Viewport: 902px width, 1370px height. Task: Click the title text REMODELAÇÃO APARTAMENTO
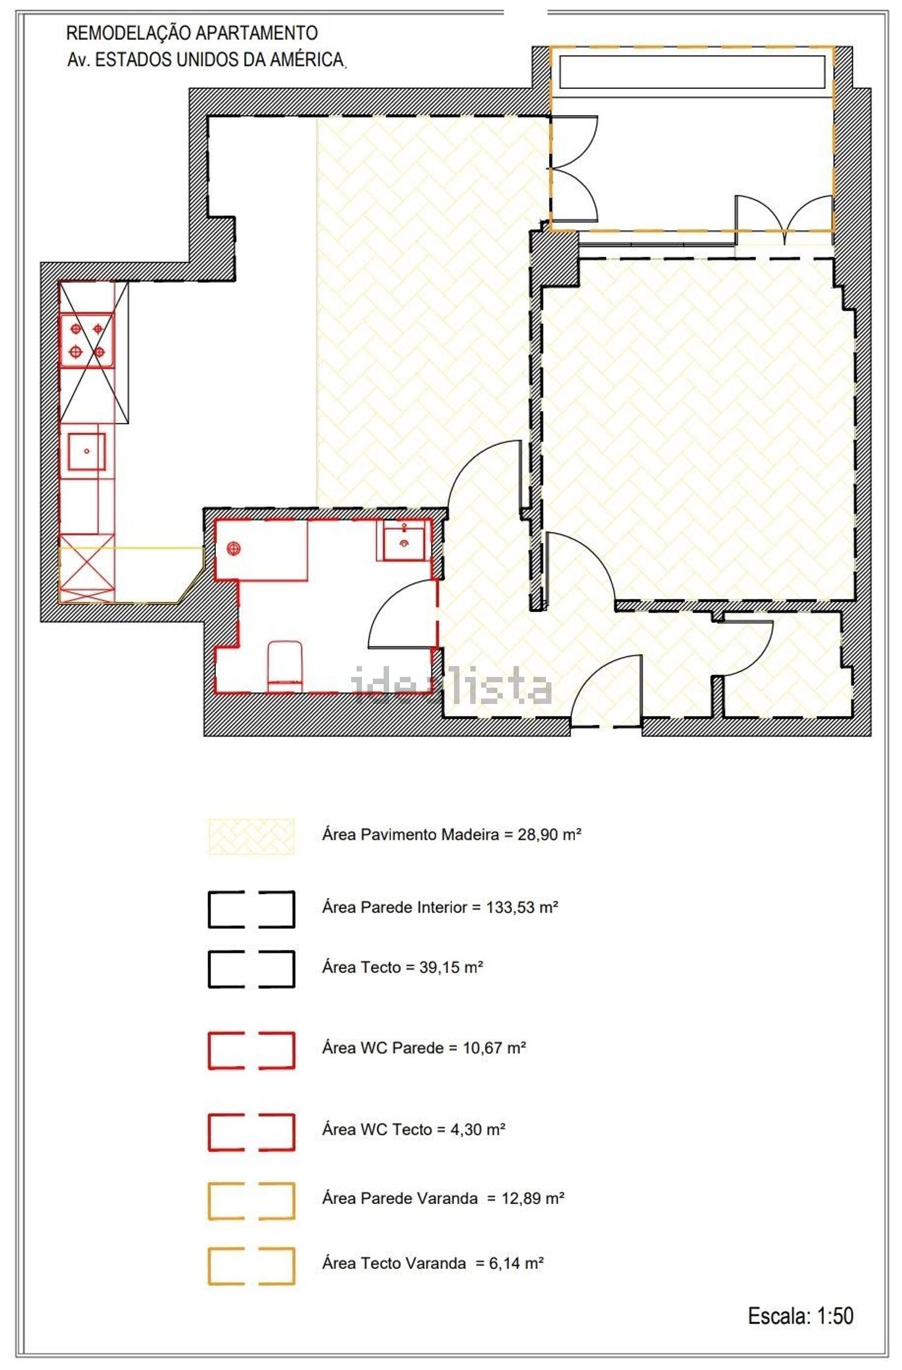(192, 32)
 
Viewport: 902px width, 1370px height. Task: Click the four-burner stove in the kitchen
(87, 340)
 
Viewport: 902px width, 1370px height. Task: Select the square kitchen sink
(87, 451)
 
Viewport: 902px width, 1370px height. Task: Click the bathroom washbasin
(405, 540)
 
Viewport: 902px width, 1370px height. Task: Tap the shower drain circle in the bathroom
(233, 548)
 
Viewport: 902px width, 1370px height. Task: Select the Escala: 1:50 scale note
(800, 1316)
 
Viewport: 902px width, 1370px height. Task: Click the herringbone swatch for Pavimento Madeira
(251, 836)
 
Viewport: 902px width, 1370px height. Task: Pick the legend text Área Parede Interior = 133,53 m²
(440, 907)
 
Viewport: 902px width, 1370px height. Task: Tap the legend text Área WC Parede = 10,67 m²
(424, 1048)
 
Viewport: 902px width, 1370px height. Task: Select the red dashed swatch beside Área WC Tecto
(251, 1134)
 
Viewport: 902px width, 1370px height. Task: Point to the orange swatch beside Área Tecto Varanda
(251, 1267)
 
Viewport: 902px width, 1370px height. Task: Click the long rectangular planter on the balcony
(692, 72)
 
